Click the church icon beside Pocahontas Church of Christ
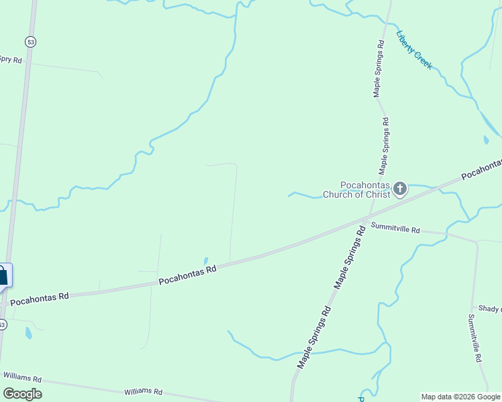pyautogui.click(x=400, y=189)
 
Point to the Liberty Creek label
pyautogui.click(x=415, y=50)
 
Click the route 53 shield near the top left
pyautogui.click(x=30, y=42)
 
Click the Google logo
pyautogui.click(x=22, y=394)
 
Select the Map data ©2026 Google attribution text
pyautogui.click(x=460, y=397)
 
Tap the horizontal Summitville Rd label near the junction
pyautogui.click(x=395, y=228)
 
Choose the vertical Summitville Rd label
pyautogui.click(x=476, y=338)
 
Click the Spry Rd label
pyautogui.click(x=11, y=60)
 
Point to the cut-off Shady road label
pyautogui.click(x=491, y=308)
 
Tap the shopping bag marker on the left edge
pyautogui.click(x=3, y=275)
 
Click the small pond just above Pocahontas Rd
pyautogui.click(x=206, y=261)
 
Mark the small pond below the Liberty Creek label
pyautogui.click(x=486, y=140)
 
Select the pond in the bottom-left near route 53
pyautogui.click(x=28, y=332)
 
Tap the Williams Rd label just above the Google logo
pyautogui.click(x=22, y=378)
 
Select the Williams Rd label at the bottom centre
pyautogui.click(x=144, y=391)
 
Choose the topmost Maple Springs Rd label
pyautogui.click(x=379, y=69)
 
